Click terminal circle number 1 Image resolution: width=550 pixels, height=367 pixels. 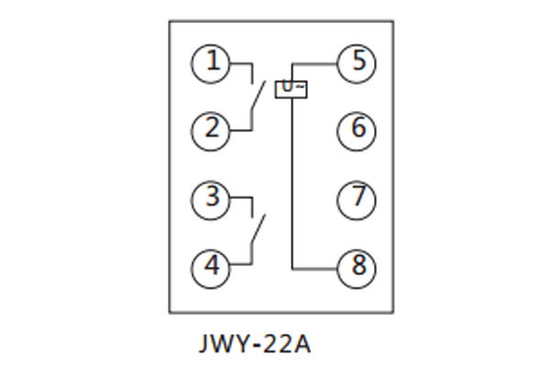[x=213, y=62]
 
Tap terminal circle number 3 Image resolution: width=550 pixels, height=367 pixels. [x=213, y=197]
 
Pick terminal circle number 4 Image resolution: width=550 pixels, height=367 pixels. [x=213, y=267]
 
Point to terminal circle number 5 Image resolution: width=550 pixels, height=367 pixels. [x=357, y=62]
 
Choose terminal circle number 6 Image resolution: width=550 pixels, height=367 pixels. [x=357, y=129]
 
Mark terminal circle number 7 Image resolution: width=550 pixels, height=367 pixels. [x=357, y=197]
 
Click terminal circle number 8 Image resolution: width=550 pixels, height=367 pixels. [x=357, y=267]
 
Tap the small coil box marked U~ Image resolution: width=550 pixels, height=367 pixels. [x=292, y=89]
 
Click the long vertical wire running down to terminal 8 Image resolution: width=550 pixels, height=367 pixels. [x=291, y=183]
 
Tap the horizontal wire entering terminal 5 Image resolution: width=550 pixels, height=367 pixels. [x=316, y=63]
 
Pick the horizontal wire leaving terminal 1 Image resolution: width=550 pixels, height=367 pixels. [x=240, y=63]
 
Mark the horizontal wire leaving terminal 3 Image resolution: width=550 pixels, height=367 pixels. [x=240, y=197]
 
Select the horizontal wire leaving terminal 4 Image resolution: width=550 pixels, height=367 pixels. [x=240, y=267]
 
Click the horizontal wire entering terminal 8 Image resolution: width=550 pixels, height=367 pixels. [x=316, y=267]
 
